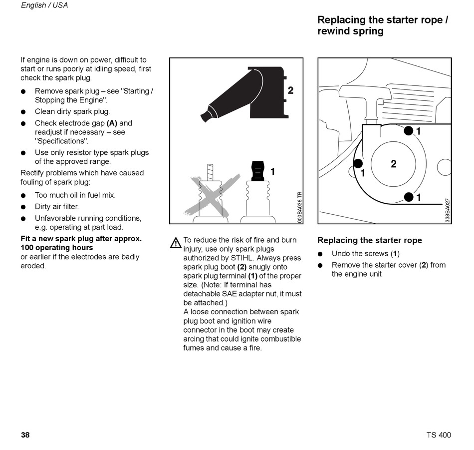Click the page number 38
pyautogui.click(x=25, y=435)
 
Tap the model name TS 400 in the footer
pyautogui.click(x=439, y=435)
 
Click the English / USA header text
pyautogui.click(x=44, y=5)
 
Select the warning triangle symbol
pyautogui.click(x=176, y=243)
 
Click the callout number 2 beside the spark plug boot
pyautogui.click(x=290, y=90)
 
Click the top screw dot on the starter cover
pyautogui.click(x=409, y=131)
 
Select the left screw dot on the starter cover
pyautogui.click(x=358, y=164)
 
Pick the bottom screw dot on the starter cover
pyautogui.click(x=409, y=197)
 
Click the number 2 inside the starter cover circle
pyautogui.click(x=394, y=164)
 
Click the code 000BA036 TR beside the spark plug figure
pyautogui.click(x=299, y=207)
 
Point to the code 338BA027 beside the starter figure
pyautogui.click(x=448, y=210)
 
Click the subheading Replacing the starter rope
pyautogui.click(x=370, y=240)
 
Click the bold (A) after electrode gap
pyautogui.click(x=112, y=123)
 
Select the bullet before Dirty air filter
pyautogui.click(x=23, y=207)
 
